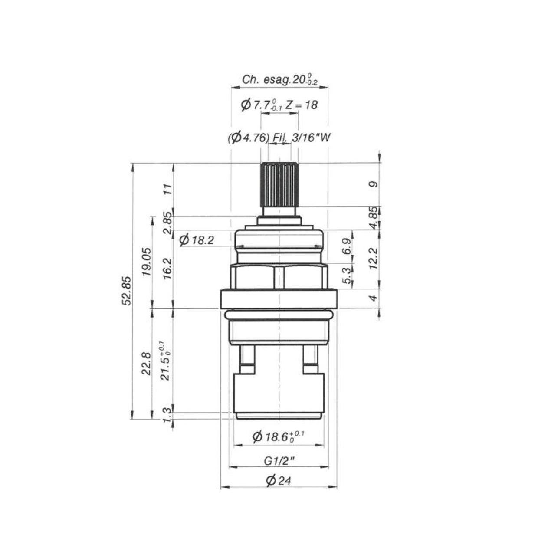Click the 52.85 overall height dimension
[127, 291]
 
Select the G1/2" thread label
[279, 461]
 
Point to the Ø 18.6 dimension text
[278, 436]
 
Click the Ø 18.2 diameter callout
[197, 240]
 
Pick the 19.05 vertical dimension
[147, 262]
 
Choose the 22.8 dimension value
[147, 364]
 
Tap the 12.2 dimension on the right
[373, 258]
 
